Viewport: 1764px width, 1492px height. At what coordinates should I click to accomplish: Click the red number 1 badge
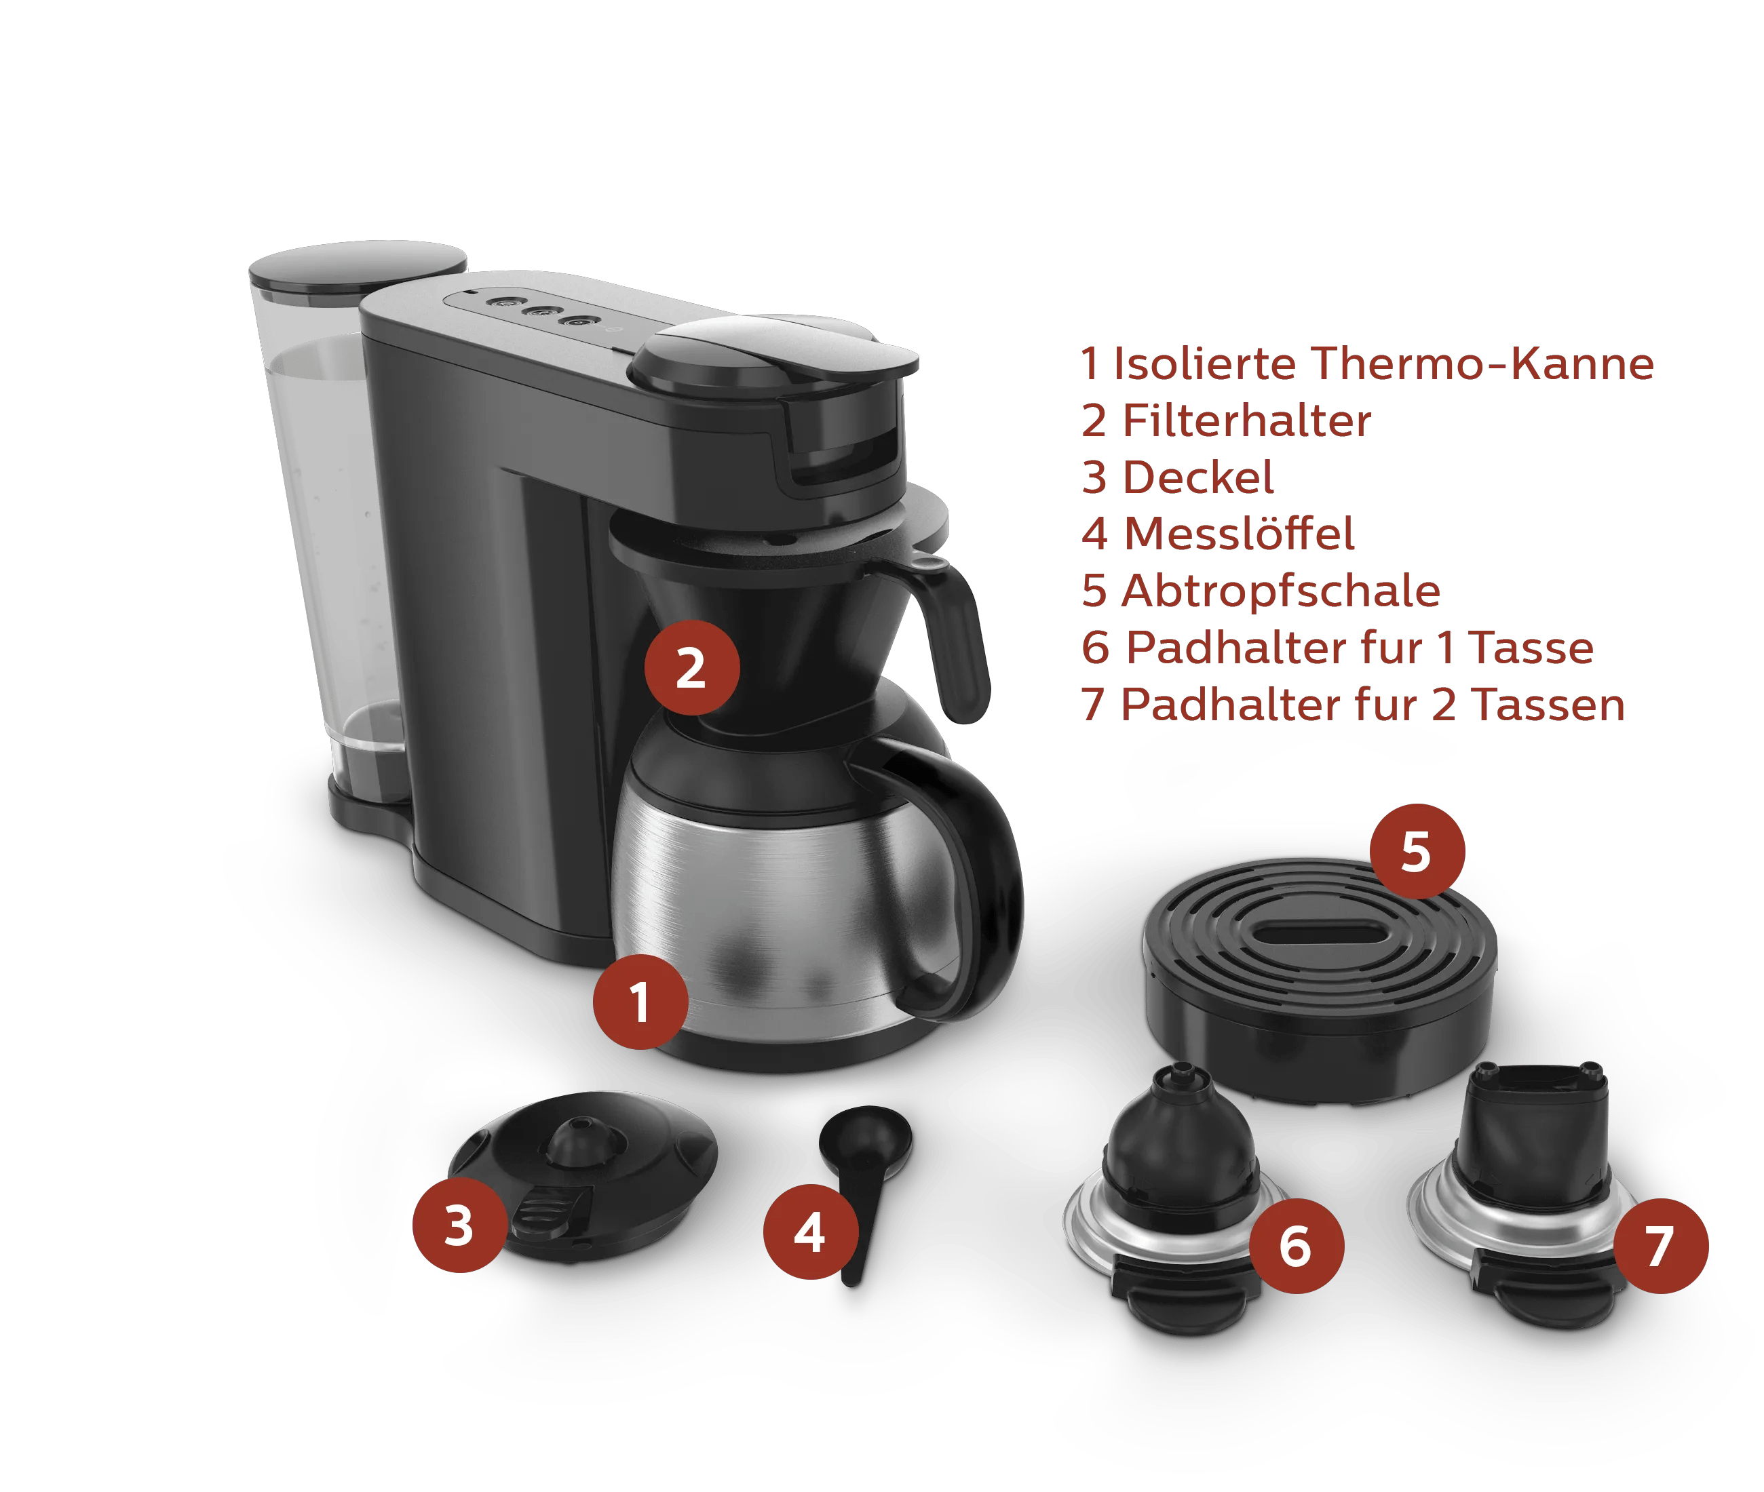click(640, 1002)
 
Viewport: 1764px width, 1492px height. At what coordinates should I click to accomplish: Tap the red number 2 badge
click(692, 668)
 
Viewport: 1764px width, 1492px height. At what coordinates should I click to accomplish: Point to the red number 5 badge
click(1417, 851)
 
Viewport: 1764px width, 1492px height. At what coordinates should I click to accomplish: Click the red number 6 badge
click(1296, 1246)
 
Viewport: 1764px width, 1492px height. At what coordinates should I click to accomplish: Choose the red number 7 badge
click(1661, 1246)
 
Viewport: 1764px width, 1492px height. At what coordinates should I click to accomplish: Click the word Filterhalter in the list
click(1246, 420)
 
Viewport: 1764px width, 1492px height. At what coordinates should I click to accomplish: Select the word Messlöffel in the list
click(1240, 534)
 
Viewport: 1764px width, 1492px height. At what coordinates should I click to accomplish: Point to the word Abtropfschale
click(1281, 591)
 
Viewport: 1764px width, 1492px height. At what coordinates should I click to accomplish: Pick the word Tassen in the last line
click(1548, 705)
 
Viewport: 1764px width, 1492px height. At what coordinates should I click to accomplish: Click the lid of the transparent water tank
click(357, 267)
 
